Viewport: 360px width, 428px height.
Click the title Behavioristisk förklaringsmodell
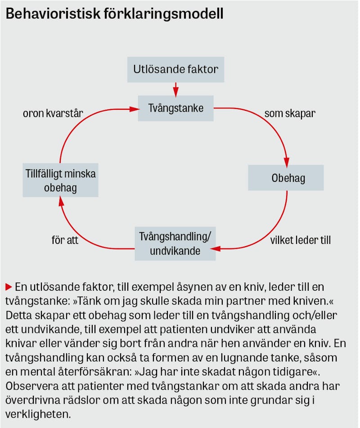point(114,14)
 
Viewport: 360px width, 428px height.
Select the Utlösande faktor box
point(175,69)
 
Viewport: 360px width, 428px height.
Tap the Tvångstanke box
point(175,108)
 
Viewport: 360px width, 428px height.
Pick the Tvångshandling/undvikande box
point(175,244)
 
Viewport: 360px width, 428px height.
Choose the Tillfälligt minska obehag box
point(60,180)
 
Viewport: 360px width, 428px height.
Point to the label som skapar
point(289,113)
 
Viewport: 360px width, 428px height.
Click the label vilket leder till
point(300,240)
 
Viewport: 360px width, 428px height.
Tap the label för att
point(65,240)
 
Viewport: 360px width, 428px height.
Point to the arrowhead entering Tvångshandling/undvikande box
point(219,248)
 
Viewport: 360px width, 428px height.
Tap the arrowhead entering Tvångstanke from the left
point(135,108)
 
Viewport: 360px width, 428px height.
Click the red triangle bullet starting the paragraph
point(8,286)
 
